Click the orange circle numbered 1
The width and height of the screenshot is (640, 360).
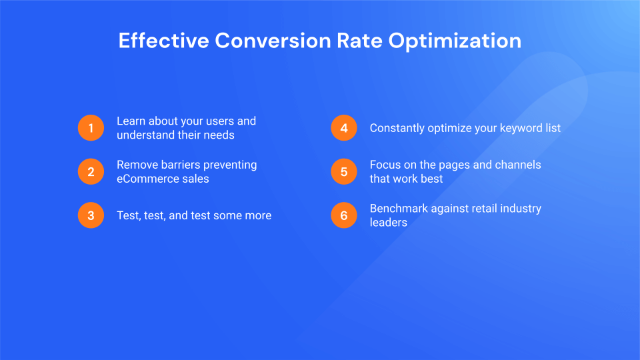[91, 128]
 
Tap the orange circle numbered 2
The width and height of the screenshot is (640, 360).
[91, 172]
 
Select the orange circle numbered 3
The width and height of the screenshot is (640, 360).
[91, 215]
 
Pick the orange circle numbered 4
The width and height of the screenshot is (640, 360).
[344, 128]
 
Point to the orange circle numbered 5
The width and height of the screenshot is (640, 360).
[344, 172]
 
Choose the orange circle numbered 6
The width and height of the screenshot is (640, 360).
[344, 215]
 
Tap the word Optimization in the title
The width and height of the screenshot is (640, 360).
[455, 41]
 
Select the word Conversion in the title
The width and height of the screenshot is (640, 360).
[272, 41]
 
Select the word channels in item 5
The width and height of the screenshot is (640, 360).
[517, 165]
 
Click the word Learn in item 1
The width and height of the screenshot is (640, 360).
[131, 121]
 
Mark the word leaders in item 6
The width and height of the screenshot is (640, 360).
[388, 222]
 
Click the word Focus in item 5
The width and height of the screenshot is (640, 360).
[385, 165]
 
